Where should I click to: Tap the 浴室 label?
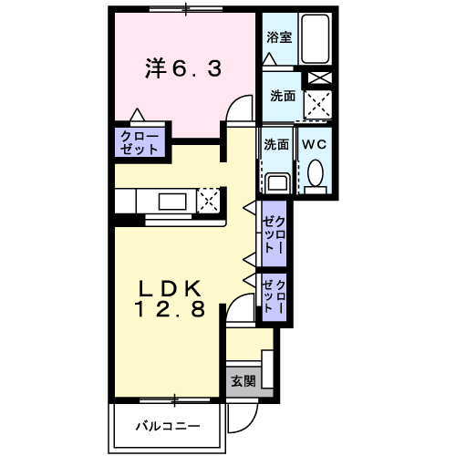pyautogui.click(x=278, y=37)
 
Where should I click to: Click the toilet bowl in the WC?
pyautogui.click(x=316, y=173)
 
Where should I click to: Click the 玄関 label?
pyautogui.click(x=243, y=379)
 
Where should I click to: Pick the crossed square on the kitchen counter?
pyautogui.click(x=209, y=201)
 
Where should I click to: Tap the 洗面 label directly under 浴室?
pyautogui.click(x=280, y=95)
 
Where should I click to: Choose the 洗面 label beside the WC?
pyautogui.click(x=275, y=144)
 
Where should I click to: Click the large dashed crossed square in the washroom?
pyautogui.click(x=316, y=107)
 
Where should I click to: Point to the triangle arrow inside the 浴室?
pyautogui.click(x=268, y=57)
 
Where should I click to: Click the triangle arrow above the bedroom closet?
pyautogui.click(x=137, y=116)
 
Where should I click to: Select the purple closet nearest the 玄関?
pyautogui.click(x=275, y=297)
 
